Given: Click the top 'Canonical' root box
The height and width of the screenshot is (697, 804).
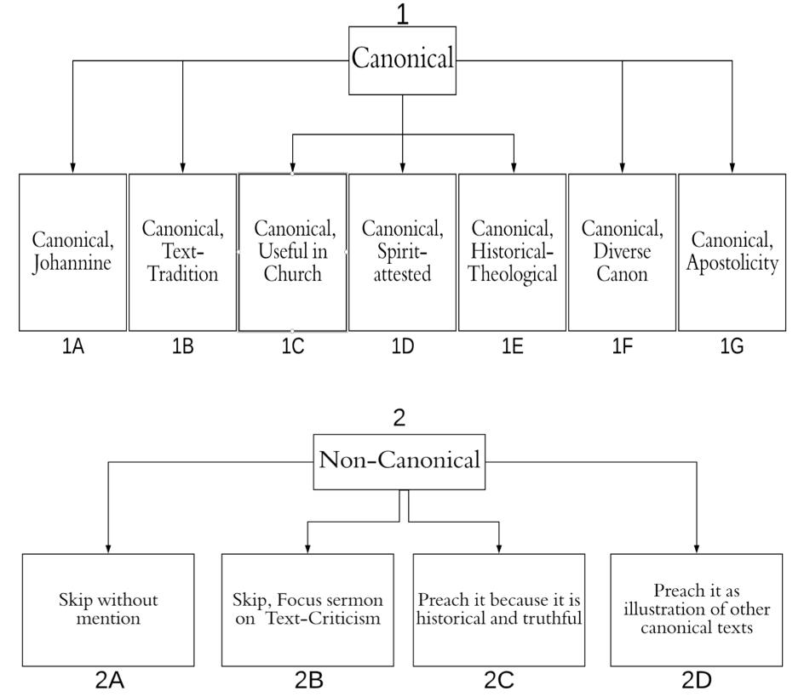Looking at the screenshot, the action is point(402,60).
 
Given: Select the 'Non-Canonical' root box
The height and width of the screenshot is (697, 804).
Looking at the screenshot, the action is point(399,462).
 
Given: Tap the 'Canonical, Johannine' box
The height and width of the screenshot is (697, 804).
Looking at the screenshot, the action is point(72,252).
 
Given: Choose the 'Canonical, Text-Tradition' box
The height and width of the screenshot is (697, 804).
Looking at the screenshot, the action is point(182,252).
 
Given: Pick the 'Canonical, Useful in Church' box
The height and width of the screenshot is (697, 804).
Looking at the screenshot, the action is point(292,252).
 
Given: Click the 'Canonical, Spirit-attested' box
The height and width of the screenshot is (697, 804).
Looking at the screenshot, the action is point(402,252).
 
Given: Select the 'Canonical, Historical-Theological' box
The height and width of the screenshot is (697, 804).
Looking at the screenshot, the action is point(512,252).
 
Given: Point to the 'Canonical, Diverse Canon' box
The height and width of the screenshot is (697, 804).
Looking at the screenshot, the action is point(622,252).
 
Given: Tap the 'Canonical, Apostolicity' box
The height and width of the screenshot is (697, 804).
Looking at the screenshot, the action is point(732,252).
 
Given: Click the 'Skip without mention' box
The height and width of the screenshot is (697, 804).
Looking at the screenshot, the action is point(108,610).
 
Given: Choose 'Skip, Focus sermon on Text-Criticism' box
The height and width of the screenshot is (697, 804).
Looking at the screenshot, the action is point(307,610).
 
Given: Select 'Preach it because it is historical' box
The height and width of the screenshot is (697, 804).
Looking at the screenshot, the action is point(499,610).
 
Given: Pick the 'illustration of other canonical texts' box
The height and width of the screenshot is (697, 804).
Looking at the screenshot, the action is point(697,610).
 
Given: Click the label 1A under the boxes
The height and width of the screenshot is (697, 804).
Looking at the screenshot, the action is point(72,346).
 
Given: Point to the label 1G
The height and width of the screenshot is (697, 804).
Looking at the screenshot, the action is point(732,346).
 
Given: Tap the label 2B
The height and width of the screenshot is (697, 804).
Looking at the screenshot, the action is point(308,681).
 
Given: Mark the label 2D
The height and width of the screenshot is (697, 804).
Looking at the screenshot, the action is point(697,681).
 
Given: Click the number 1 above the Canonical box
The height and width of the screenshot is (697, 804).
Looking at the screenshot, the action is point(403,14).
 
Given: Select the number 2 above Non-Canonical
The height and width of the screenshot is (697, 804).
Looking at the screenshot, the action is point(399,418).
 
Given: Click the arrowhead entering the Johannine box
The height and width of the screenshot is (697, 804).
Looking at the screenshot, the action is point(72,169).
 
